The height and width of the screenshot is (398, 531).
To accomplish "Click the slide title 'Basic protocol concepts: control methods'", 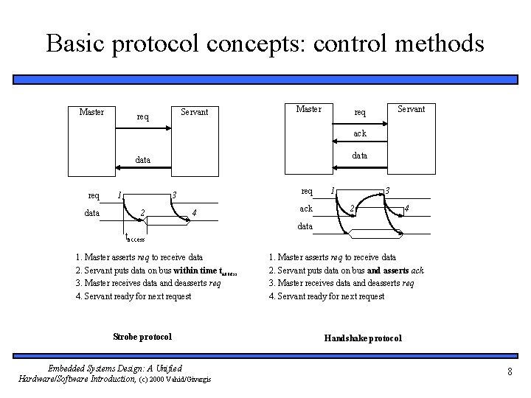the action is pyautogui.click(x=265, y=43).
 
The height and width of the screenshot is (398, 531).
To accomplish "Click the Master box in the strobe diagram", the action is pyautogui.click(x=91, y=112).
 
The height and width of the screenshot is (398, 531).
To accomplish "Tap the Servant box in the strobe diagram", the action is pyautogui.click(x=195, y=112).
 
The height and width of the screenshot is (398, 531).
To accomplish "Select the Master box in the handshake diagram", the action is pyautogui.click(x=308, y=109).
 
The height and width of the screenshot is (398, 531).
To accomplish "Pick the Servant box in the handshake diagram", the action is pyautogui.click(x=411, y=109).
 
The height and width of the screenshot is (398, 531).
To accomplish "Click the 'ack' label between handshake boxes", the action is pyautogui.click(x=360, y=133).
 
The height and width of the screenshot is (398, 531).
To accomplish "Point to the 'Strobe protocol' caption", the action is pyautogui.click(x=142, y=337).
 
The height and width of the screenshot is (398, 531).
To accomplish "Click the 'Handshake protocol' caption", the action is pyautogui.click(x=363, y=338).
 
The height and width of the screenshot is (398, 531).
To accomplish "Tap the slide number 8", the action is pyautogui.click(x=510, y=371).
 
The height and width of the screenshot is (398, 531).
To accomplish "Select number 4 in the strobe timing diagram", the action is pyautogui.click(x=193, y=214).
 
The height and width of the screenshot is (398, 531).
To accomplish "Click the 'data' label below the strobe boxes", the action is pyautogui.click(x=142, y=159).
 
